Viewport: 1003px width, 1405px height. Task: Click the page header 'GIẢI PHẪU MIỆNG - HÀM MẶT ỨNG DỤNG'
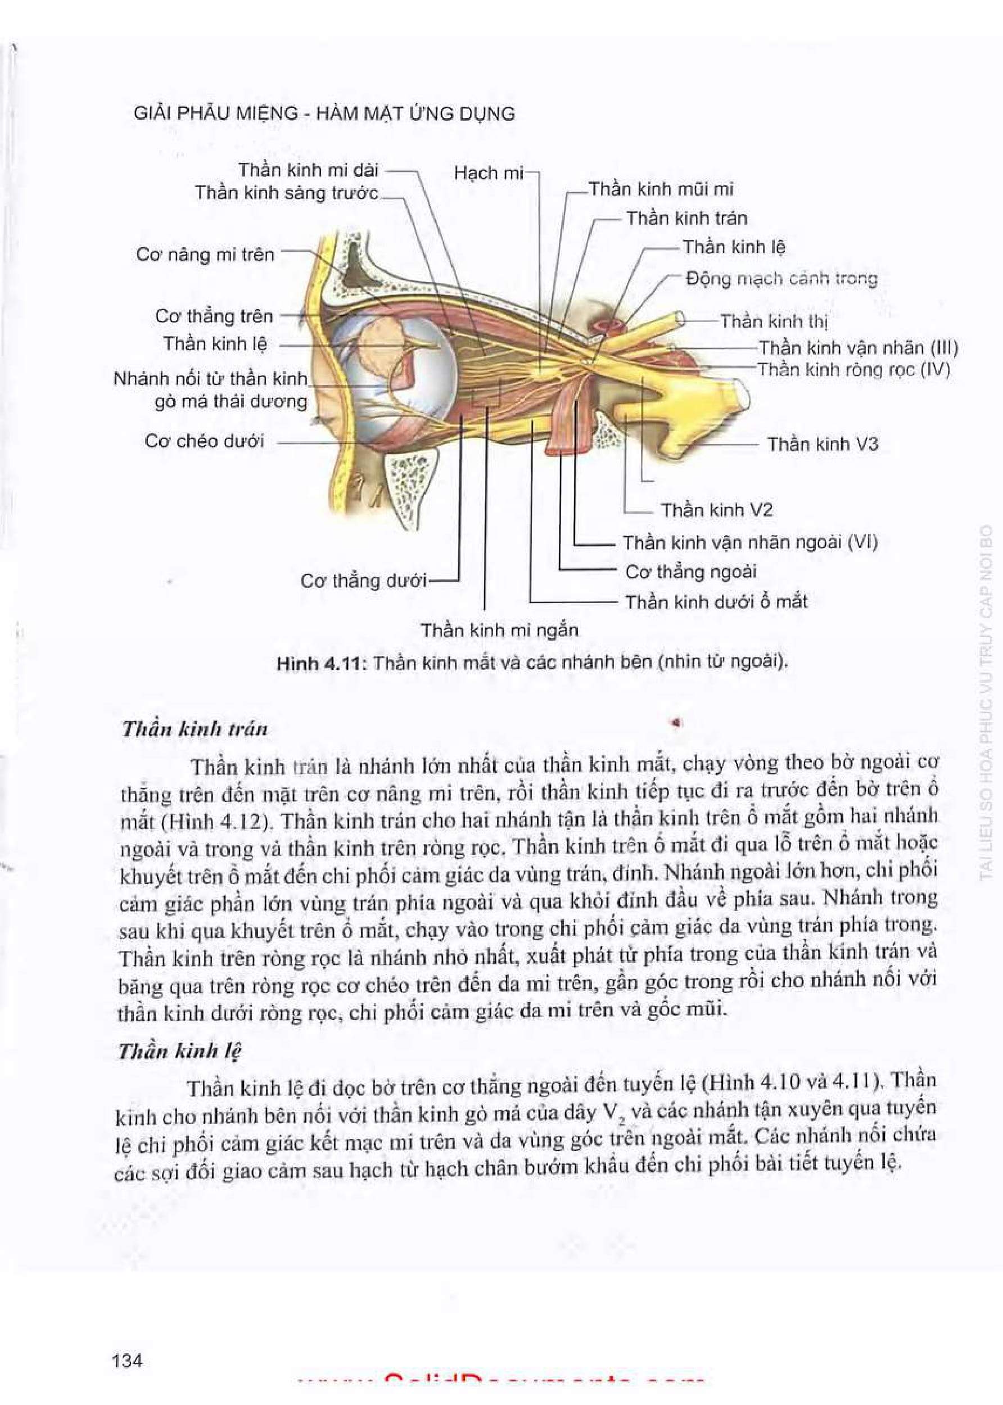[x=324, y=114]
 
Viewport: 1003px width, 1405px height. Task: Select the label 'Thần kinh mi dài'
[x=308, y=170]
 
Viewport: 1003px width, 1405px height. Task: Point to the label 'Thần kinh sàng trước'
[x=287, y=193]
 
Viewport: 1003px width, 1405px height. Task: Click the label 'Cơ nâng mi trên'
[x=205, y=255]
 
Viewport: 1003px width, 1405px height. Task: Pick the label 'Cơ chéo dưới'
[x=204, y=441]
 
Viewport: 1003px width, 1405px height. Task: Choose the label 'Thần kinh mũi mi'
[x=661, y=189]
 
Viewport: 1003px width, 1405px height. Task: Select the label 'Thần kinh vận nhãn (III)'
[x=858, y=347]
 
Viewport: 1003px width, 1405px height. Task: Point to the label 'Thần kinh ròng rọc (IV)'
[x=853, y=370]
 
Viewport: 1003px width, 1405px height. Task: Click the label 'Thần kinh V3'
[x=822, y=444]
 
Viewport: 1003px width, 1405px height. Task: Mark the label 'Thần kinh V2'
[x=716, y=510]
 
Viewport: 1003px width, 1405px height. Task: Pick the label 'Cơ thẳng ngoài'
[x=690, y=572]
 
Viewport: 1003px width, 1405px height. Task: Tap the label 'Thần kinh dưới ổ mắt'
[x=716, y=601]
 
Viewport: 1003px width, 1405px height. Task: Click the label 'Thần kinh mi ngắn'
[x=499, y=630]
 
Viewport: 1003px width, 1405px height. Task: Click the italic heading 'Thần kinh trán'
[x=195, y=729]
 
